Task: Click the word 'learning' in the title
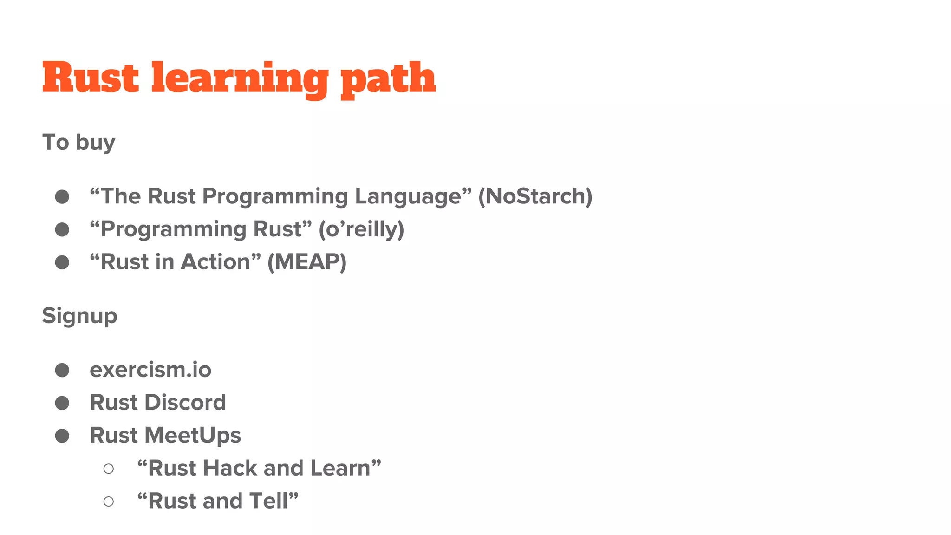click(240, 79)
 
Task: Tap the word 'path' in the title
click(388, 79)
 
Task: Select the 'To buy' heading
click(78, 142)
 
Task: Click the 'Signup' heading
click(79, 316)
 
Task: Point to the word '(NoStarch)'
click(535, 196)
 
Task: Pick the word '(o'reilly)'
click(361, 229)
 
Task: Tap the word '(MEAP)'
click(306, 262)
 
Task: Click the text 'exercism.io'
click(150, 370)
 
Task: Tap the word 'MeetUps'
click(193, 436)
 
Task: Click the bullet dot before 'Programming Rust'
click(62, 229)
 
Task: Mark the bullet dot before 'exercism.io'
click(62, 370)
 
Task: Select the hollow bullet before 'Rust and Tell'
click(109, 502)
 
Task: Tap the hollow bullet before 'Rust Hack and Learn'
click(109, 469)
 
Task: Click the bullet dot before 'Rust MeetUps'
click(62, 436)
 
